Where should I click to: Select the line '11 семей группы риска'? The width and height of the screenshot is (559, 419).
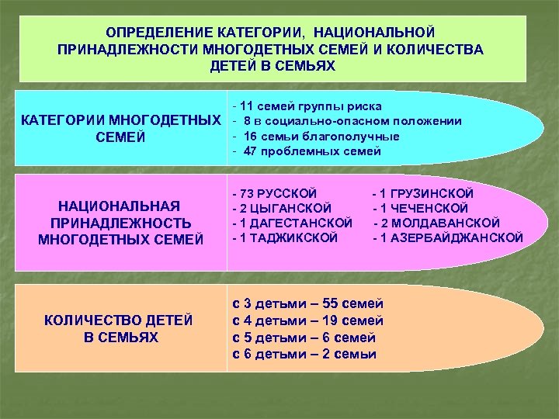pos(311,106)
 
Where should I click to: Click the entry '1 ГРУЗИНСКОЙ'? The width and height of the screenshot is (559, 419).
pos(425,192)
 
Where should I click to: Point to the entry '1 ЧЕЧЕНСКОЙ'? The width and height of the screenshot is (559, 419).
pos(422,207)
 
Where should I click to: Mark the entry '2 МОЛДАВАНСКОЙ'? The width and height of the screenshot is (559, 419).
pos(439,223)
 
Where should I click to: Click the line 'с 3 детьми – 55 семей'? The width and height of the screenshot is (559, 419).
pos(308,303)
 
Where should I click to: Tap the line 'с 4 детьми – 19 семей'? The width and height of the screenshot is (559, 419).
pos(308,320)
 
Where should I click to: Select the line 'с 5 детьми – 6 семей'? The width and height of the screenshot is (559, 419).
pos(304,338)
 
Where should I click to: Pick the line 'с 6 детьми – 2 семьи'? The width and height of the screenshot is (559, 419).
pos(304,355)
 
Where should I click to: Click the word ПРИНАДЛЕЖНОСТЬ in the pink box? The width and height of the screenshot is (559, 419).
pos(120,222)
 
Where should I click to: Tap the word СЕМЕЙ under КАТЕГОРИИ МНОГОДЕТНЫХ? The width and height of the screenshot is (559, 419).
pos(120,139)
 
